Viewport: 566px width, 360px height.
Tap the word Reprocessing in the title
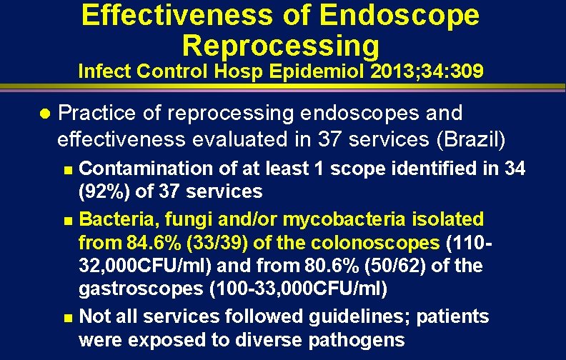[281, 45]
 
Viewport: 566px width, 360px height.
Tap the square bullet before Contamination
[67, 170]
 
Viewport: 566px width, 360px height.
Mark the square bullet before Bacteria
[67, 219]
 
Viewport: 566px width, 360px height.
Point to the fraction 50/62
[370, 266]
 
